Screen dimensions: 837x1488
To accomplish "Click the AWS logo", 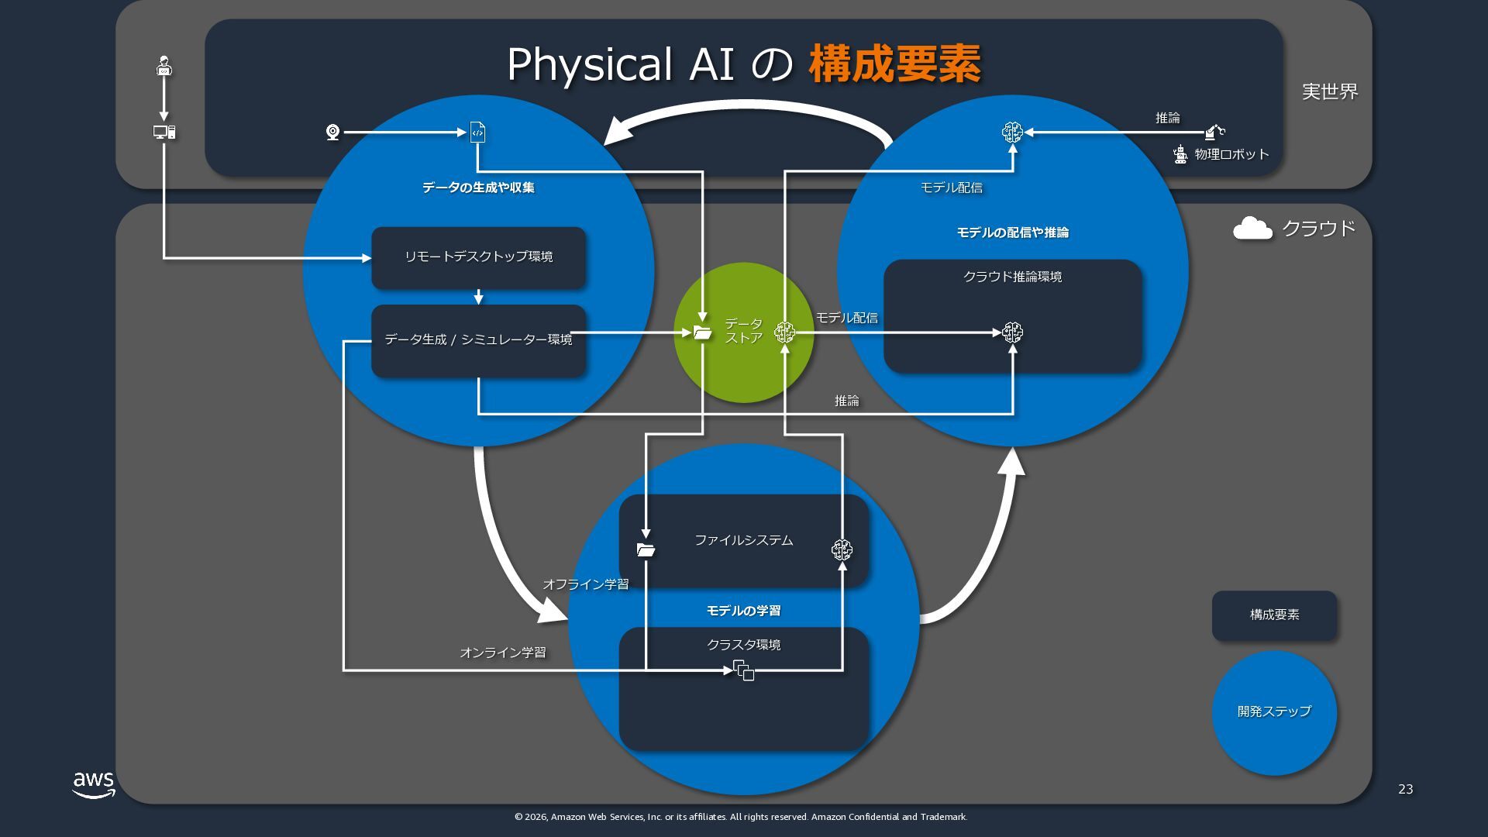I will [x=94, y=784].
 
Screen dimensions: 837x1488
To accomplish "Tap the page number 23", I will [x=1405, y=789].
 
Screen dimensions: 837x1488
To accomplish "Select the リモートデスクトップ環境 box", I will [x=478, y=257].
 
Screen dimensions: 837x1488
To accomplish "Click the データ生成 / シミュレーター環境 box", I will [x=478, y=340].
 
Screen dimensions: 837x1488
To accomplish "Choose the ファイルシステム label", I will [x=743, y=540].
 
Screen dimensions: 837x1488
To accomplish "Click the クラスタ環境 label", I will [x=743, y=645].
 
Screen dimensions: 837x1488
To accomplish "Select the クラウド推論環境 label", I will [x=1012, y=277].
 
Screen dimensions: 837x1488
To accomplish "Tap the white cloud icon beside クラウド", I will [x=1252, y=229].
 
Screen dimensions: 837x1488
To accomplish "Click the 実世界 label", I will [x=1330, y=91].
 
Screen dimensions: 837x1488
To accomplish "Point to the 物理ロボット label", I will [x=1231, y=154].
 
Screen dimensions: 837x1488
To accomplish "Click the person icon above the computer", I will [x=164, y=66].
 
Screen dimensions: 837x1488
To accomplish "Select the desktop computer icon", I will [x=164, y=133].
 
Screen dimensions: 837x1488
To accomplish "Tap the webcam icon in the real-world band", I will [x=332, y=133].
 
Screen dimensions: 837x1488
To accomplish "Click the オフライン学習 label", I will [x=585, y=584].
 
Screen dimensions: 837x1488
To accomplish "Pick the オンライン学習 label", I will [x=502, y=653].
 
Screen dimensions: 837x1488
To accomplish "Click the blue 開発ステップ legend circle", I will [x=1274, y=712].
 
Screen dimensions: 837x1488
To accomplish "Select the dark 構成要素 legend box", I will [x=1274, y=615].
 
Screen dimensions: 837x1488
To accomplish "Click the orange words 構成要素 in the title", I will [x=894, y=64].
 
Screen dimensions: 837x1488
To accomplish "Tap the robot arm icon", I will [x=1214, y=132].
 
